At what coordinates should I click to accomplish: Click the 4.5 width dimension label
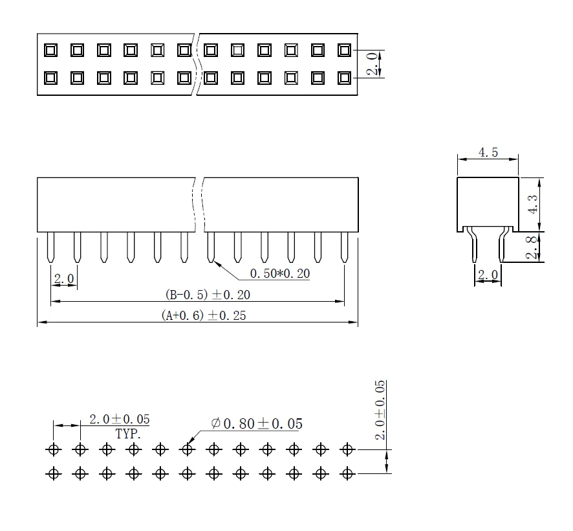click(x=488, y=153)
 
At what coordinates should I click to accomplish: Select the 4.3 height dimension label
click(x=532, y=204)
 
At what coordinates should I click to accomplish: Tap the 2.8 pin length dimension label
click(x=532, y=247)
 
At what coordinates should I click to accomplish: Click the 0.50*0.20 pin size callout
click(x=279, y=274)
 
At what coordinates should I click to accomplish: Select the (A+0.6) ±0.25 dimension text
click(x=204, y=316)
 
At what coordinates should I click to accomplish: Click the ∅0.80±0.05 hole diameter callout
click(x=257, y=424)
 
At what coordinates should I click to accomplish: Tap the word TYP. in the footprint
click(x=128, y=433)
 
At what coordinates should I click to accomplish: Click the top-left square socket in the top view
click(x=50, y=50)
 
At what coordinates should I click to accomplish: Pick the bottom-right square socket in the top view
click(x=344, y=78)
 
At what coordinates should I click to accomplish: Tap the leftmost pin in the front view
click(x=51, y=248)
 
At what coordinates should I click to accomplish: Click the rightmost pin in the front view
click(x=344, y=248)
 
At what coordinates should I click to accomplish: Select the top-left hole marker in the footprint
click(x=53, y=449)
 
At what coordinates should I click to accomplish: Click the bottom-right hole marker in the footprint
click(x=348, y=474)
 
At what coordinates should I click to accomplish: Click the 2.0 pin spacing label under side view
click(x=488, y=276)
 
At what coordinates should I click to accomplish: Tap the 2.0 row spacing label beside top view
click(x=372, y=64)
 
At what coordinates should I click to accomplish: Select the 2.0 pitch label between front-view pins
click(x=63, y=279)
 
